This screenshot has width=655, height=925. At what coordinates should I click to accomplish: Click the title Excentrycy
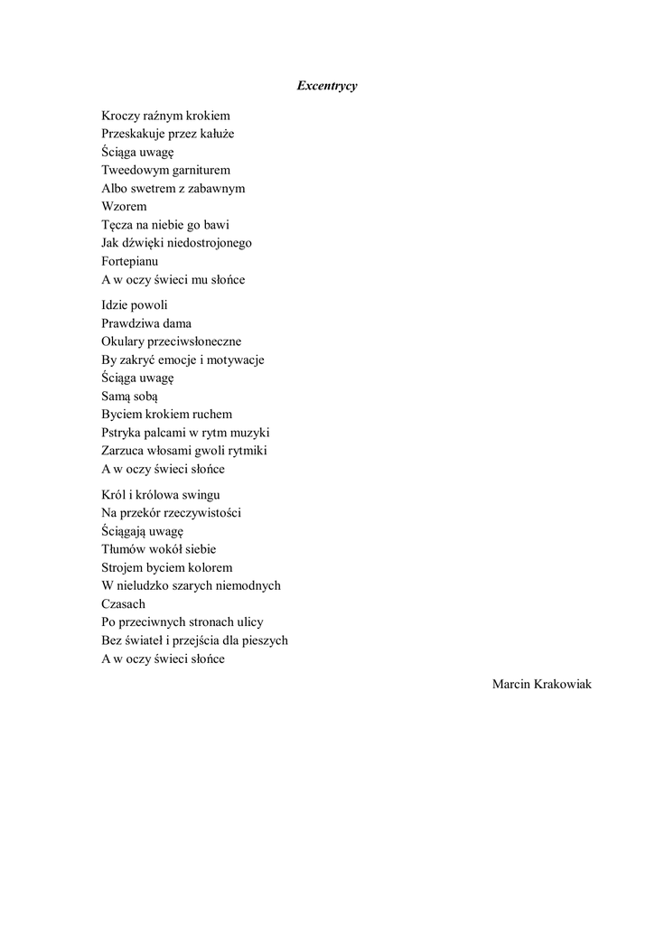click(x=327, y=86)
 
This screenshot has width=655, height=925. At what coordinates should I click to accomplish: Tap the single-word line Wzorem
click(x=124, y=207)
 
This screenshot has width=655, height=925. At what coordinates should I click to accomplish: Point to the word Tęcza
click(x=118, y=225)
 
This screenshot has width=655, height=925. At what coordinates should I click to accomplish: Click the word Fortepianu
click(x=130, y=261)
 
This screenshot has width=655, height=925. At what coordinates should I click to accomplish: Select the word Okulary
click(x=124, y=341)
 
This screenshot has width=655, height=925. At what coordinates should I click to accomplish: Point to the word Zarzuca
click(x=125, y=450)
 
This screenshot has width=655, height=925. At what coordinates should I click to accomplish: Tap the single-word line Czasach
click(x=124, y=603)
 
